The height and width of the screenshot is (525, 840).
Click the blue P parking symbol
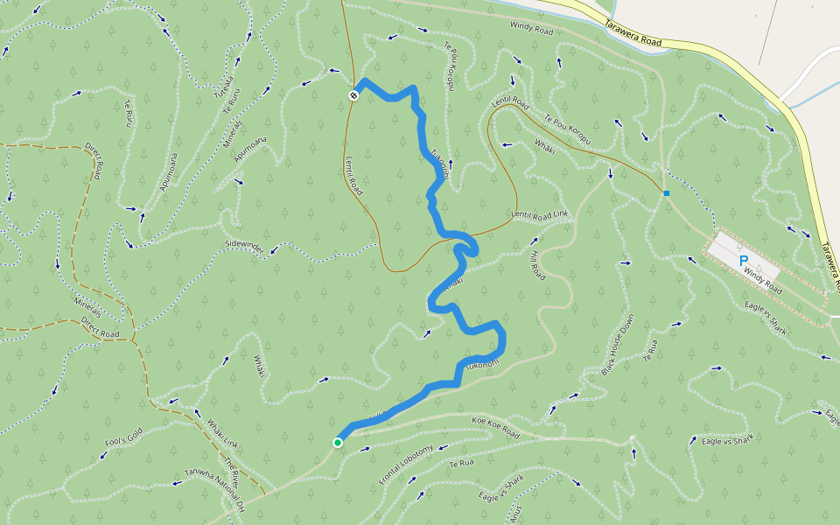coord(744,260)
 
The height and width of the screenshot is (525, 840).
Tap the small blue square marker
coord(666,193)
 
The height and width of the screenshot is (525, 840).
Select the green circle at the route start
coord(338,443)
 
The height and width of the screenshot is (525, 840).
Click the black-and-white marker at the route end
coord(353,94)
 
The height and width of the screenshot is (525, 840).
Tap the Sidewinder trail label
coord(244,248)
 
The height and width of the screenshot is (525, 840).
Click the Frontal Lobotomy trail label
coord(406,465)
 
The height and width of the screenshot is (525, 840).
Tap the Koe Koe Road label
coord(495,429)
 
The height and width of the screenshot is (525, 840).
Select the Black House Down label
coord(617,346)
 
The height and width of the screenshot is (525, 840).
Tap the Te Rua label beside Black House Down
coord(649,352)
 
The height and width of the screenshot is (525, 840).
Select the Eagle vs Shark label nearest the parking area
coord(766,318)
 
